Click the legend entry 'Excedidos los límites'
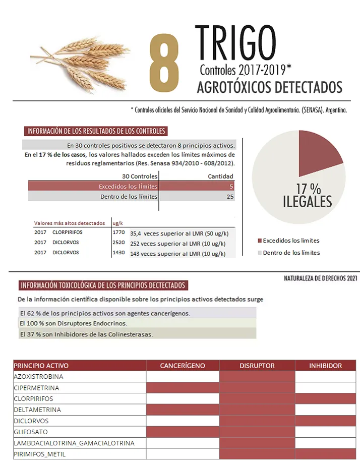coord(291,241)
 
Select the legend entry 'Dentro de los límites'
coord(291,253)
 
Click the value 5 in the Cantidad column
coord(231,186)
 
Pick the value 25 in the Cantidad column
coord(230,197)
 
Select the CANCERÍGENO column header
coord(183,366)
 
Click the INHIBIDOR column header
coord(325,366)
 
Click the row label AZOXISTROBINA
coord(38,377)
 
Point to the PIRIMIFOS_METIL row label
coord(40,454)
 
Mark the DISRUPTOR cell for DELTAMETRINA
coord(257,410)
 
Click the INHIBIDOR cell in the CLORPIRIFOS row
coord(325,399)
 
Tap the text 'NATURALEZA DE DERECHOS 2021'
coord(320,278)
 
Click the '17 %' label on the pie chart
coord(308,189)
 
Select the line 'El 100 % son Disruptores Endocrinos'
coord(66,323)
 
